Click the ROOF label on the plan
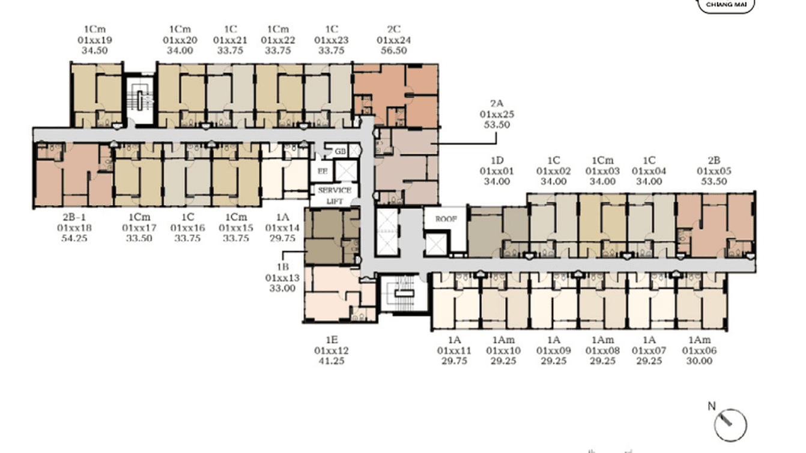click(446, 219)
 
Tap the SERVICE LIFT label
click(335, 195)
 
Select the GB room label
click(340, 151)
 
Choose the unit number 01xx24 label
click(393, 40)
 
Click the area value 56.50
click(393, 50)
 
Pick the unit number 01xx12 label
click(331, 350)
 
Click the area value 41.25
click(331, 361)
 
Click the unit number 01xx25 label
click(497, 114)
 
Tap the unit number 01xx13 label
click(282, 277)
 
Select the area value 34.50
click(94, 50)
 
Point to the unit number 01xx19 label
click(95, 40)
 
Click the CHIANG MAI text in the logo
click(725, 4)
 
